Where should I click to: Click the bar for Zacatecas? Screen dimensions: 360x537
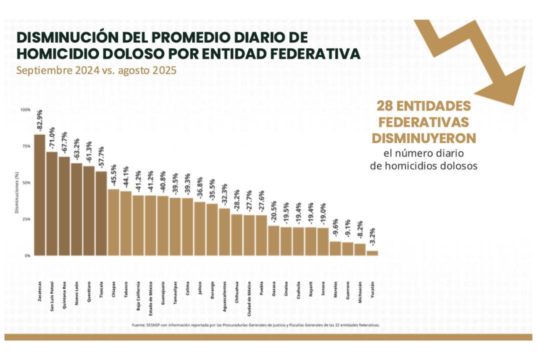(39, 195)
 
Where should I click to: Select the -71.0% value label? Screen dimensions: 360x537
(51, 138)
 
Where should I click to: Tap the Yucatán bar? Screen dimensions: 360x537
(372, 253)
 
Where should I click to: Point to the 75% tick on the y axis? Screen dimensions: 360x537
(25, 146)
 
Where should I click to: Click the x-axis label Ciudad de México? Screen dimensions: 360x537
(249, 303)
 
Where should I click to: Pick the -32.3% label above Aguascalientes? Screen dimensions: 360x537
(224, 194)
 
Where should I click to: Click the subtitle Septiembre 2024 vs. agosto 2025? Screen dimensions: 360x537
(96, 70)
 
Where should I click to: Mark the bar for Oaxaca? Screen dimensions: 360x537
(273, 240)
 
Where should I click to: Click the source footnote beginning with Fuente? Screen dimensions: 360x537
(255, 325)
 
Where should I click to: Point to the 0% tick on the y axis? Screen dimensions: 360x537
(26, 255)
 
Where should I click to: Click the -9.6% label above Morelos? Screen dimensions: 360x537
(335, 227)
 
